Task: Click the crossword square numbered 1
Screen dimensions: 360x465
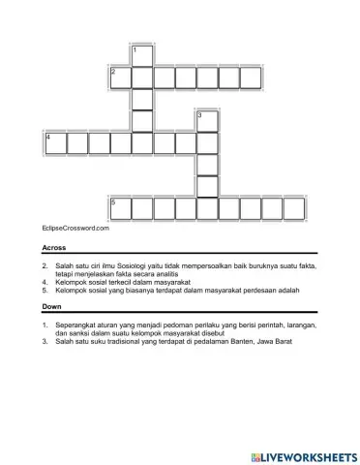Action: (x=140, y=55)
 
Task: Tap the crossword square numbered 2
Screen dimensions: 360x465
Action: (x=119, y=77)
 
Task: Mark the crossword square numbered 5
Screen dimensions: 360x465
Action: (x=119, y=208)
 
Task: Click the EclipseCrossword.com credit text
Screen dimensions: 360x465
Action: (x=75, y=229)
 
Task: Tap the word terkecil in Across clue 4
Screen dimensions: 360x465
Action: (x=124, y=281)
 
